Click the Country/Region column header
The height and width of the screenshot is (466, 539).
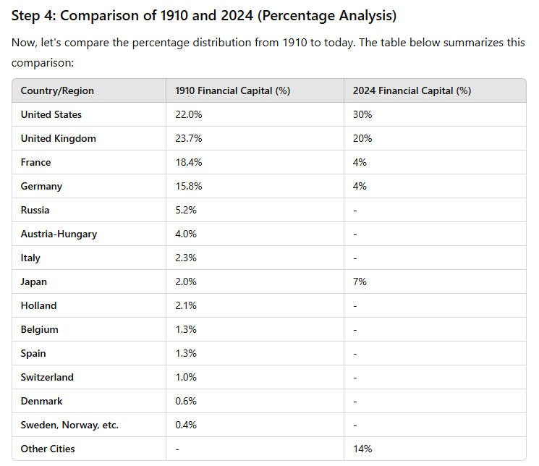pos(57,90)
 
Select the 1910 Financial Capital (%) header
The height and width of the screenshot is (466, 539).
pos(233,90)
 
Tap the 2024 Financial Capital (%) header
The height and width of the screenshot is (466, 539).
pos(412,90)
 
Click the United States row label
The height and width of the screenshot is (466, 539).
pos(51,114)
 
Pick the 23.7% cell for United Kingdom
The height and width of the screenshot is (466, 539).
pos(189,138)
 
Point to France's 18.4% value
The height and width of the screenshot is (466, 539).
pos(189,162)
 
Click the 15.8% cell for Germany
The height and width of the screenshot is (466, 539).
pos(189,186)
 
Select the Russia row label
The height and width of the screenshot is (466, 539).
pos(35,210)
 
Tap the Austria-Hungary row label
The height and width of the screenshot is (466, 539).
pos(59,234)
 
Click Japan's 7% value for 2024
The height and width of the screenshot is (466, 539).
pos(360,281)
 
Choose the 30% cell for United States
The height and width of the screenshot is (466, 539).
pos(362,114)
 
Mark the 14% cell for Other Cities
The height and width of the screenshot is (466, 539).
pos(362,449)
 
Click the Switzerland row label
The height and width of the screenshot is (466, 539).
pos(47,377)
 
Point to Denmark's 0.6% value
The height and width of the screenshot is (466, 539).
pos(186,401)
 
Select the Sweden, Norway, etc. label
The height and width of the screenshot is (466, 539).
pos(69,425)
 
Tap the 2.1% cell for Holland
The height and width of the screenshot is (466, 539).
pos(186,306)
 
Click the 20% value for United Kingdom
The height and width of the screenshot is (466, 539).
pos(362,138)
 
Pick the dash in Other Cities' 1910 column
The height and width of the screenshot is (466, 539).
pos(177,449)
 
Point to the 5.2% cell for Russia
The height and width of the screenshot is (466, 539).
pos(186,210)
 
